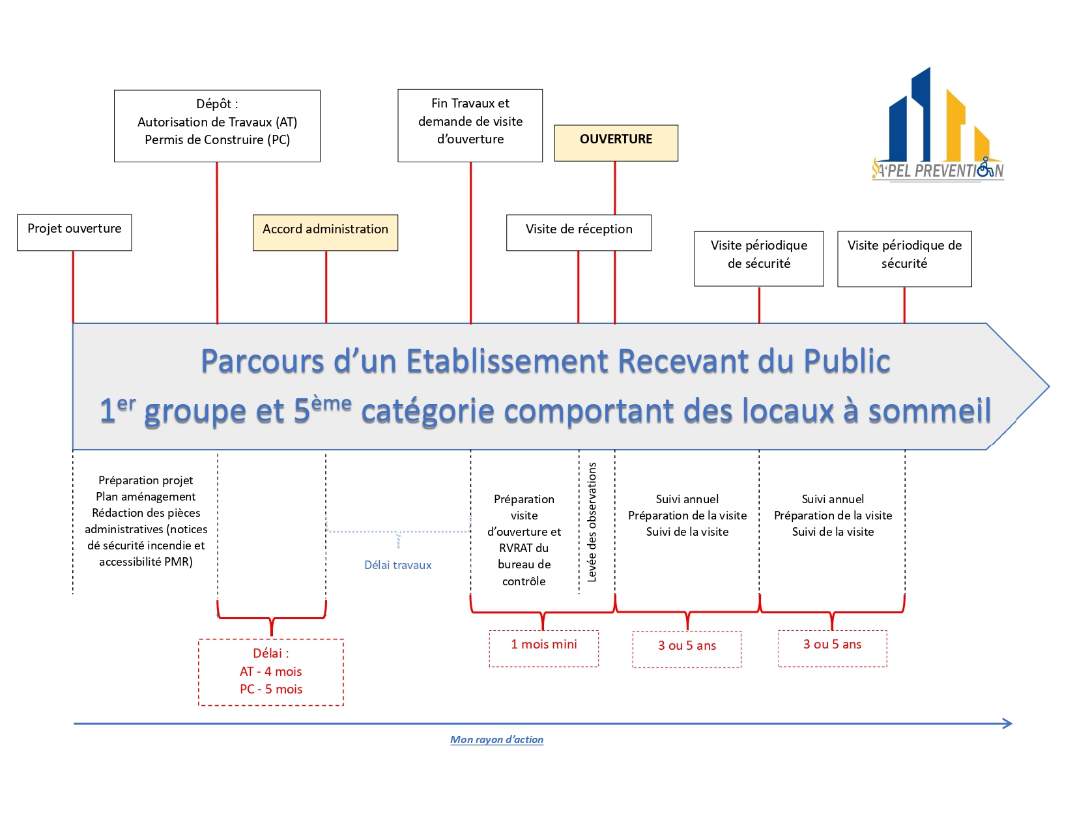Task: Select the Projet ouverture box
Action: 74,232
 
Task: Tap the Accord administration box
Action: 325,233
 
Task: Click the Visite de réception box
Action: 579,233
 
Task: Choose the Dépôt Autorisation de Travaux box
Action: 217,126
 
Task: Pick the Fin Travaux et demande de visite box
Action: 470,125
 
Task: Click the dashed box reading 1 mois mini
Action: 543,648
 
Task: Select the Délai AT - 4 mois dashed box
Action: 270,672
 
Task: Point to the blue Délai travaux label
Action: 397,565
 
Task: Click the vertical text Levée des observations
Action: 592,522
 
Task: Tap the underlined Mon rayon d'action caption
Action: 496,740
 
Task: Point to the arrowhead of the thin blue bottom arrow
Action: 1009,723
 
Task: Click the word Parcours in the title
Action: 262,361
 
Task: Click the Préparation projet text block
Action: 146,521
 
